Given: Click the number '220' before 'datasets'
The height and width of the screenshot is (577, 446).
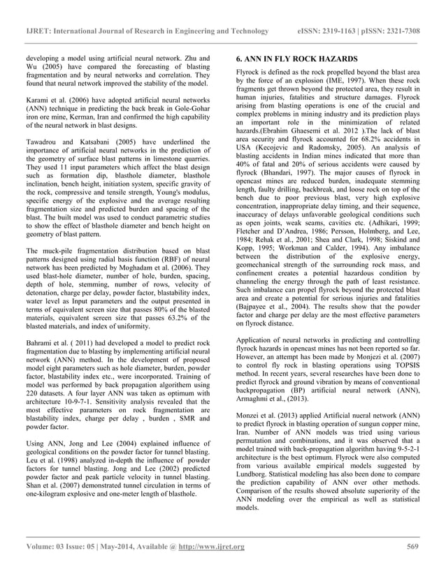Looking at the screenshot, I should coord(34,372).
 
